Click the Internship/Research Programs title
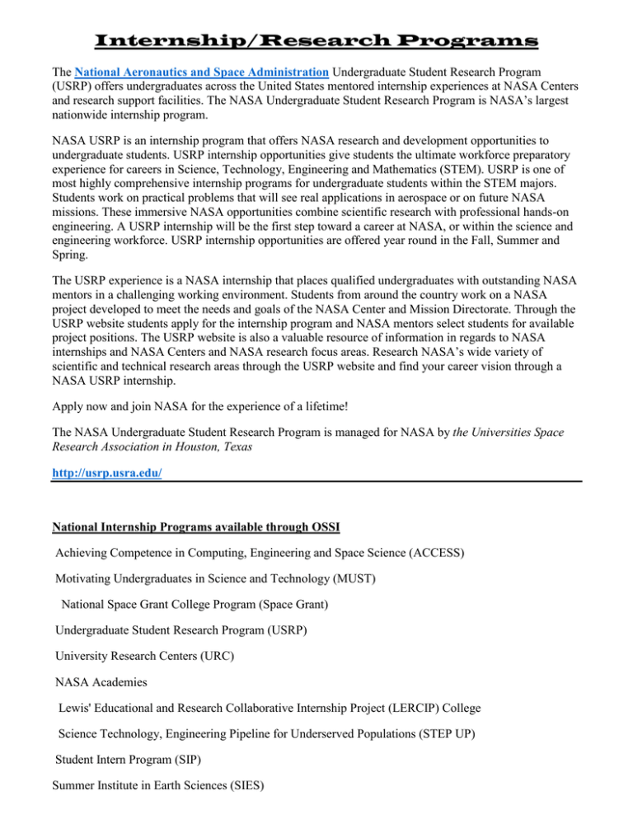pos(316,39)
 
